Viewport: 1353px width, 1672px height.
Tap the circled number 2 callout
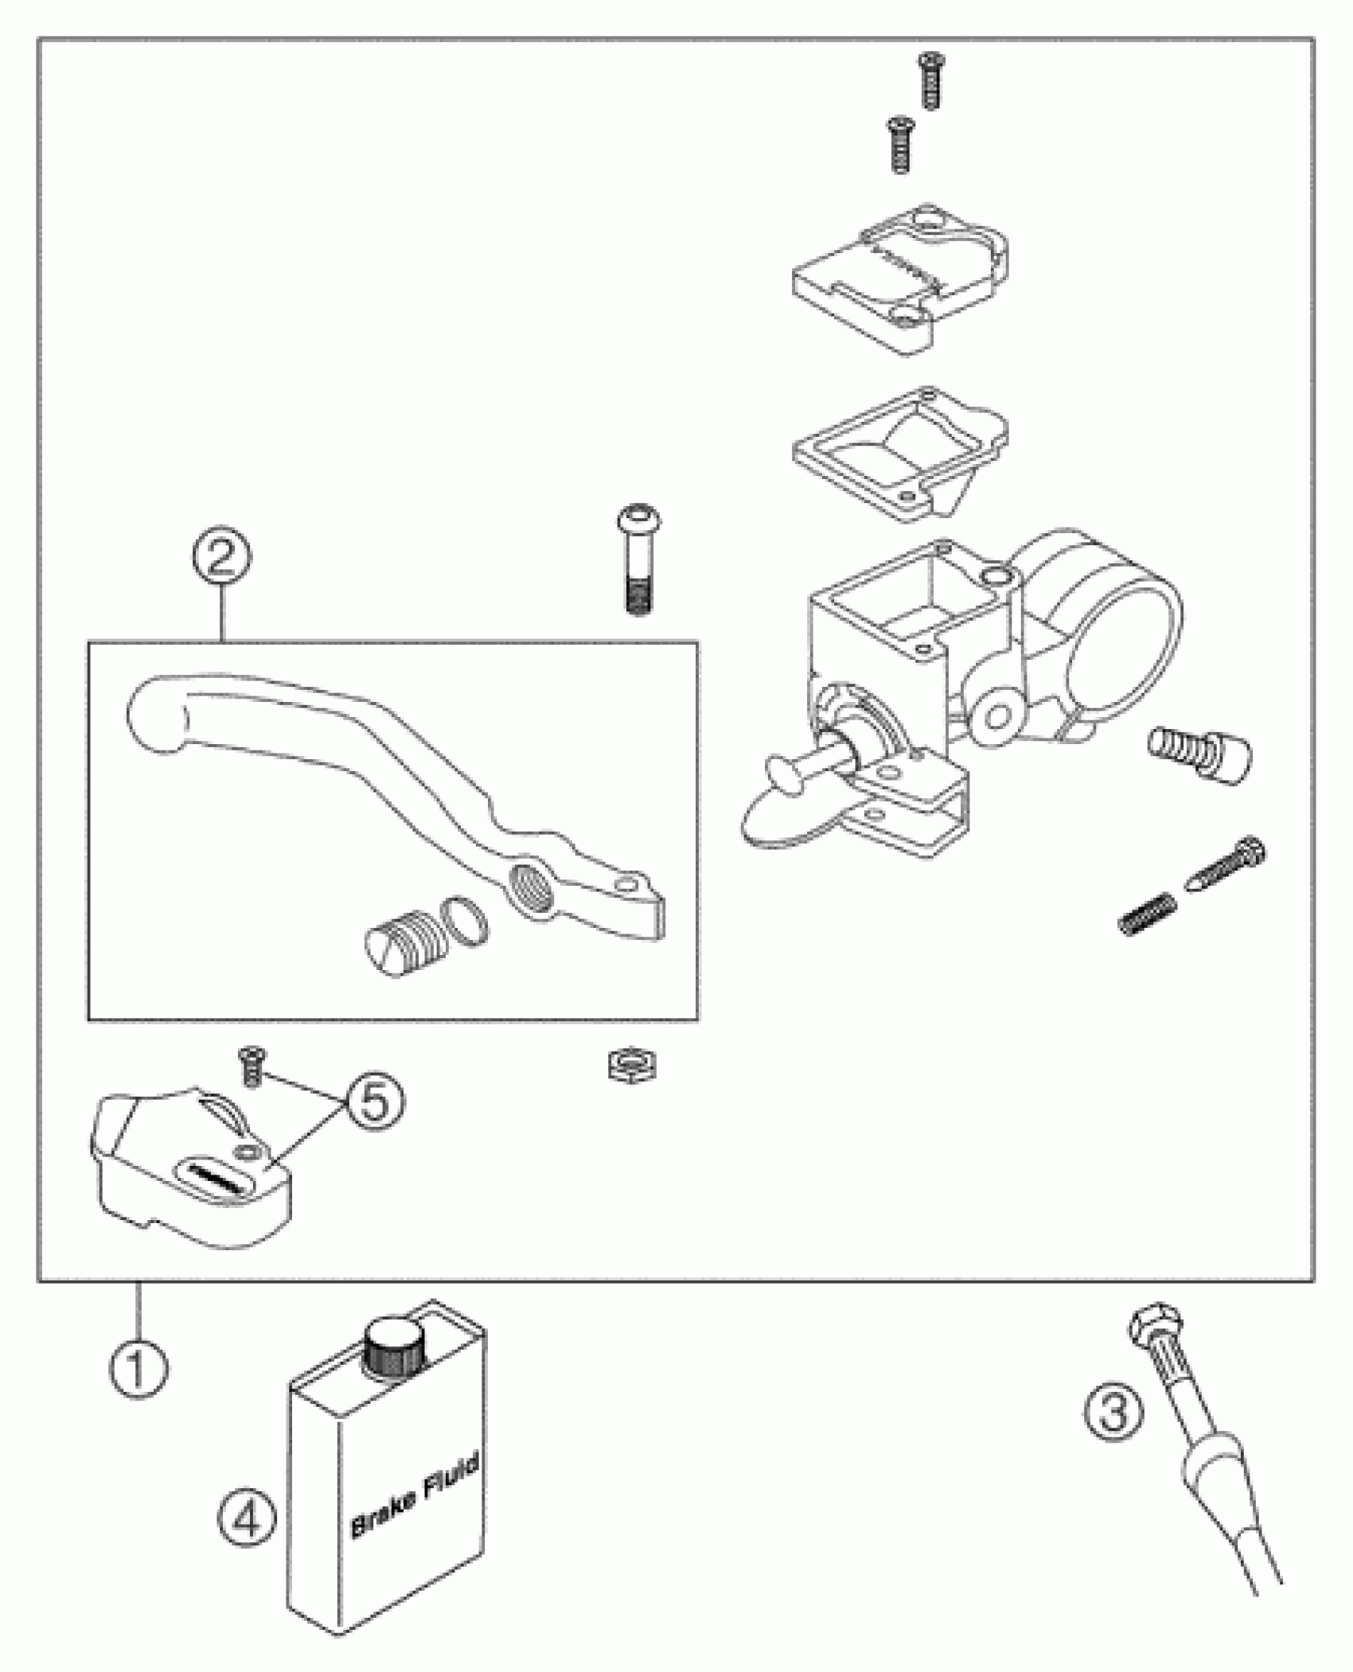point(222,558)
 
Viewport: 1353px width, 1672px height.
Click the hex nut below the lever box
point(631,1066)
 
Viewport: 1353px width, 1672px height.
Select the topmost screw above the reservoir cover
point(930,80)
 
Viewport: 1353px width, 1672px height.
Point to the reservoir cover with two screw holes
point(899,279)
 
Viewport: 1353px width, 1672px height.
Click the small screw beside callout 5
point(252,1064)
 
